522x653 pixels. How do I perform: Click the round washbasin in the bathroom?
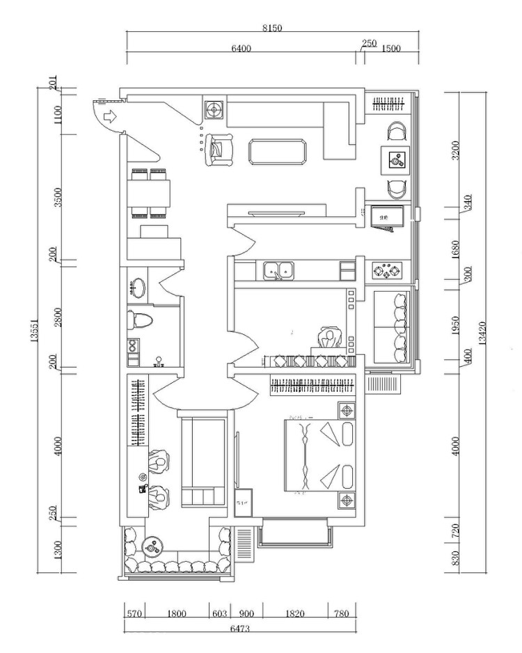[138, 287]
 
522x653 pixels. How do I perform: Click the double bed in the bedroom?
[320, 455]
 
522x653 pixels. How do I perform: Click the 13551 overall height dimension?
[33, 328]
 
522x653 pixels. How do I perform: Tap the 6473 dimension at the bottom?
[241, 629]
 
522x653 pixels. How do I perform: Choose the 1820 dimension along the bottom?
[295, 613]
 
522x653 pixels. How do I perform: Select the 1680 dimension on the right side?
[456, 248]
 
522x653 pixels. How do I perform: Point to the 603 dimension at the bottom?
[220, 613]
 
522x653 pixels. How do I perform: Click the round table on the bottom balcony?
[150, 546]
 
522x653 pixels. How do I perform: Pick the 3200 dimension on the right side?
[456, 150]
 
